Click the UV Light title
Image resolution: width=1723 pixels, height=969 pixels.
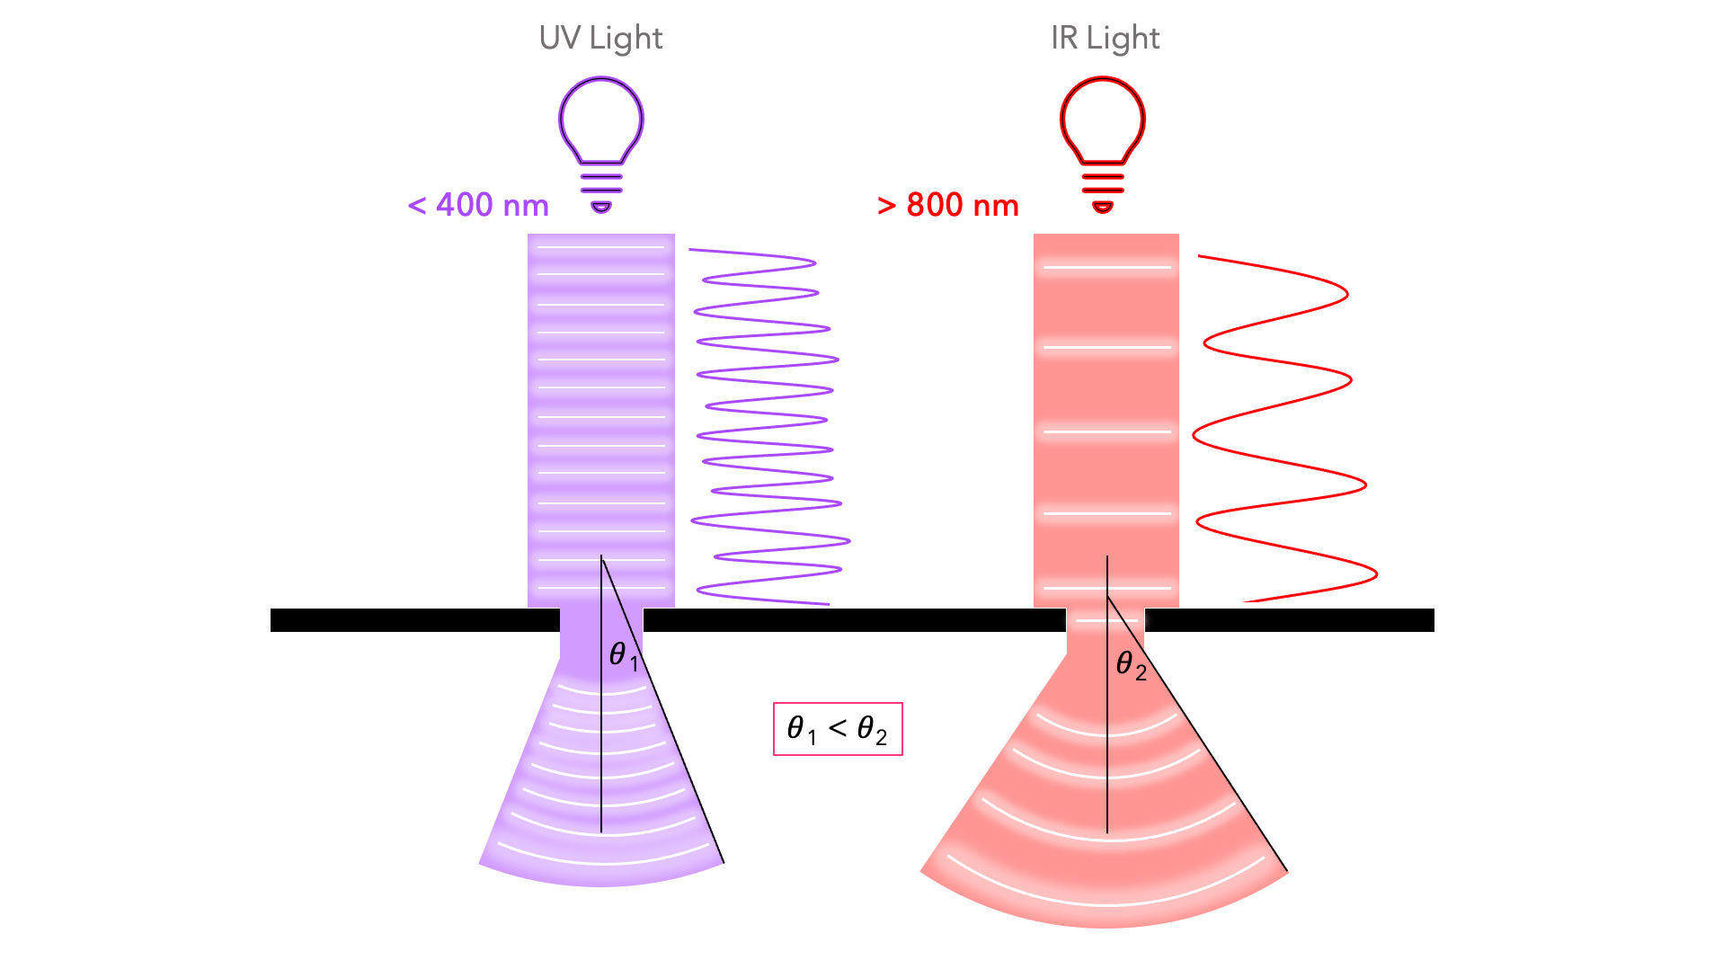(x=600, y=38)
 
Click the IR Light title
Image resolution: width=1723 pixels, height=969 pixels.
(x=1105, y=38)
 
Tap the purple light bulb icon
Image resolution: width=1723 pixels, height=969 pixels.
(x=600, y=121)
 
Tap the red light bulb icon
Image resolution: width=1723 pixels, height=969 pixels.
(x=1102, y=121)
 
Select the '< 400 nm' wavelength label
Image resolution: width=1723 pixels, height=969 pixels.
(x=478, y=205)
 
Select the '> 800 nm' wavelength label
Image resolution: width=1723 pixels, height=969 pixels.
(x=947, y=205)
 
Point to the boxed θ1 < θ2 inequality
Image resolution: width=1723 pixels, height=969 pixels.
(x=837, y=728)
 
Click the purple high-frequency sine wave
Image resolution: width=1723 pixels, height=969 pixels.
(x=768, y=422)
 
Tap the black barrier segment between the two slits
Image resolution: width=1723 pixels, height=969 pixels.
(x=854, y=620)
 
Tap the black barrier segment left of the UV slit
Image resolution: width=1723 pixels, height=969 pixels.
(x=413, y=620)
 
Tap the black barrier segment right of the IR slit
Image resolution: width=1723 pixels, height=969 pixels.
(x=1289, y=620)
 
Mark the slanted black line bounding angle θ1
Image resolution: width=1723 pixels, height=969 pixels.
(x=674, y=737)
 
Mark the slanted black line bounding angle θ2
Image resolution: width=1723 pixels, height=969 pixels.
(x=1204, y=746)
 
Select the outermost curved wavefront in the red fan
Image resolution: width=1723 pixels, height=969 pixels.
(x=1106, y=902)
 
